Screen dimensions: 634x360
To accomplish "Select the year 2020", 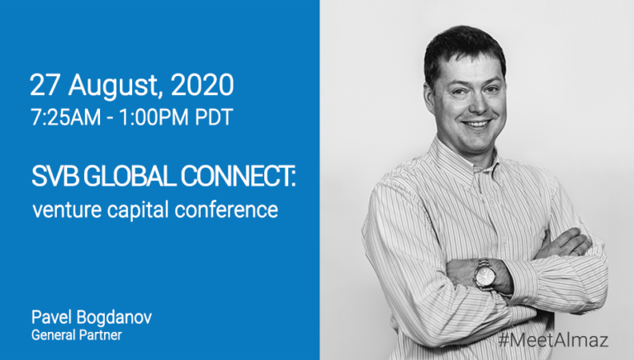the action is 202,85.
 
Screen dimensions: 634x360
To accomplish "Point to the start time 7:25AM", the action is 65,117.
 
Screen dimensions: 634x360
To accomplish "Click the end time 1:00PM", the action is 154,117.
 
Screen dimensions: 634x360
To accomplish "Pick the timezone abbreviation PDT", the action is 215,117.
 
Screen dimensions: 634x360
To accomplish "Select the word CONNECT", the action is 236,177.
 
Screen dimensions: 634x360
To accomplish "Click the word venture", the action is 67,211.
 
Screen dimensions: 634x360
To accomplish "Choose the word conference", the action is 226,211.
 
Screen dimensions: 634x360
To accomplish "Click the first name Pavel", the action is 51,318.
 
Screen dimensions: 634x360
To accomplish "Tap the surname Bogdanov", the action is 114,319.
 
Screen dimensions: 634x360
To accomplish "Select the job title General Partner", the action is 77,335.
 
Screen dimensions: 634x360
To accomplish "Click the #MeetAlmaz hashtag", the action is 553,340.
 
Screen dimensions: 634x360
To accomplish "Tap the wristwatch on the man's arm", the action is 485,276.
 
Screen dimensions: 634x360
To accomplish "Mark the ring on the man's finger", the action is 577,251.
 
